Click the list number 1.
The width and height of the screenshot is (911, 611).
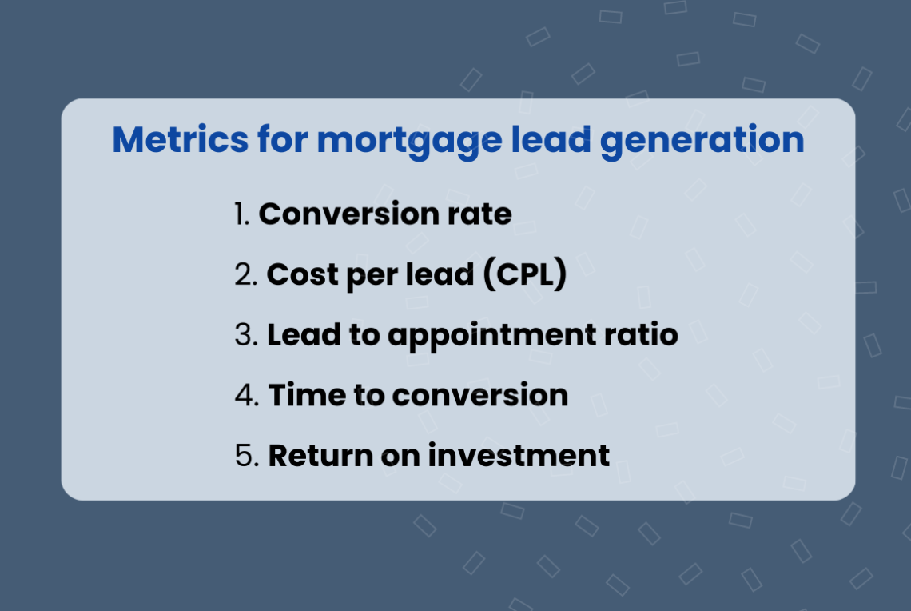click(243, 214)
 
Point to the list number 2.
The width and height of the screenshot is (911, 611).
click(245, 274)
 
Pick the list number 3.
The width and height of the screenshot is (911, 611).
click(245, 335)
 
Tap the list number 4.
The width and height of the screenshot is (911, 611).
click(245, 395)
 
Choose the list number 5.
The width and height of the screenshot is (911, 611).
click(245, 456)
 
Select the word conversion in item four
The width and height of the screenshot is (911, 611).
click(480, 395)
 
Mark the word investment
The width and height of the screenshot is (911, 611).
click(519, 456)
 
